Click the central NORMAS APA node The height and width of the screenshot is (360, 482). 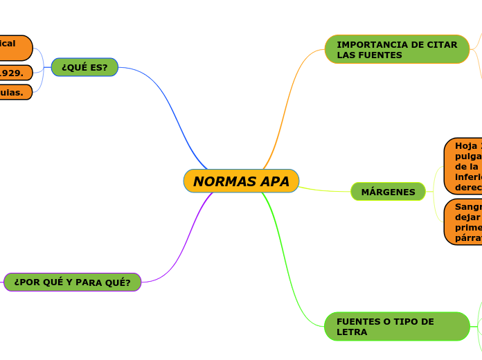[x=241, y=181]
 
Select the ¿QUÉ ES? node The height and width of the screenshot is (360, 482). [x=84, y=67]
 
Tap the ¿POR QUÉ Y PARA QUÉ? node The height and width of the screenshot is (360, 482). [x=72, y=282]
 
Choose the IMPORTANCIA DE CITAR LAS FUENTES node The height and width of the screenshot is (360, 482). [x=397, y=49]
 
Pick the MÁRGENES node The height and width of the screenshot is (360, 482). [x=388, y=192]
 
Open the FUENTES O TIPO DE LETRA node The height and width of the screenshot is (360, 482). [x=397, y=326]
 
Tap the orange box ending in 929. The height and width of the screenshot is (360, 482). [x=15, y=72]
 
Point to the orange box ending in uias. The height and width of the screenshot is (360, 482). [x=15, y=92]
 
